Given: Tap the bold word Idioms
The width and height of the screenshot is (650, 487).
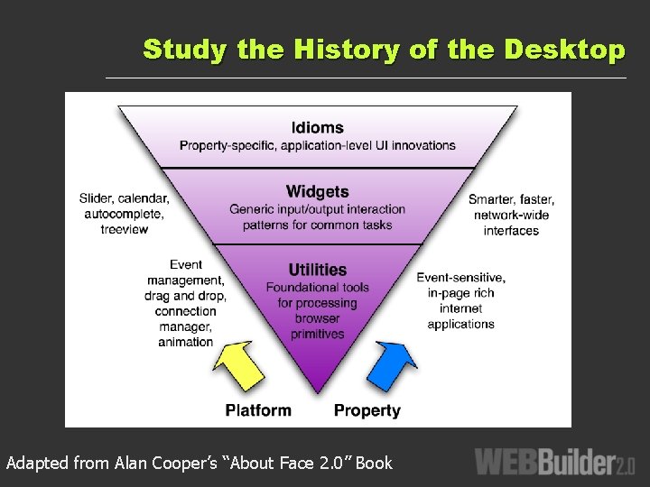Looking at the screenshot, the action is click(317, 127).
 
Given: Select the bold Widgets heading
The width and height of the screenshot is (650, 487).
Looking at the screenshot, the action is click(317, 191).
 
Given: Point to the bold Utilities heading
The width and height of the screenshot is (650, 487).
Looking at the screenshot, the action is click(317, 270).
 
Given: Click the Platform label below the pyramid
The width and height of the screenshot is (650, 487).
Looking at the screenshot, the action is click(258, 410).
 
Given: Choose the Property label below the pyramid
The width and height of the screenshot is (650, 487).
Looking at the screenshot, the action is click(367, 410).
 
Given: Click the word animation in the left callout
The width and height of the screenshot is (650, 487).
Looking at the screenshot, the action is click(185, 342).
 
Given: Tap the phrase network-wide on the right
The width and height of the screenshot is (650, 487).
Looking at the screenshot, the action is click(511, 215).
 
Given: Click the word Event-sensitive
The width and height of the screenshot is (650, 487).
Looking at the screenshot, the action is click(460, 277).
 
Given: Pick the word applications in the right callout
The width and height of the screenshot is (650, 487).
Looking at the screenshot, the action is click(460, 325).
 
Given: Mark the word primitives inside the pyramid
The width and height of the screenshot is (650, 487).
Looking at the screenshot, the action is click(317, 334).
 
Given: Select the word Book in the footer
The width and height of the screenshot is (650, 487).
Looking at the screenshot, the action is click(375, 464).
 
